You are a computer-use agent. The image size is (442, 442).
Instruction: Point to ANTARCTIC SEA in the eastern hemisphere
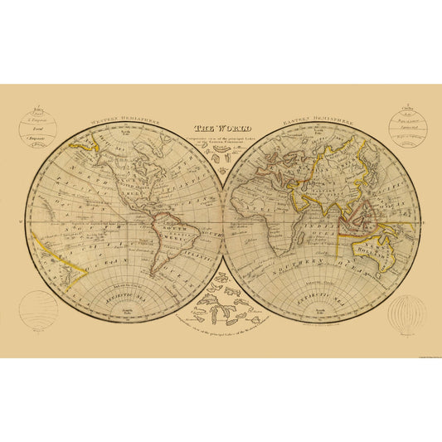click(x=318, y=292)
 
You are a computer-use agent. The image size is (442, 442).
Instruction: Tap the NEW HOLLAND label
click(x=384, y=242)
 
